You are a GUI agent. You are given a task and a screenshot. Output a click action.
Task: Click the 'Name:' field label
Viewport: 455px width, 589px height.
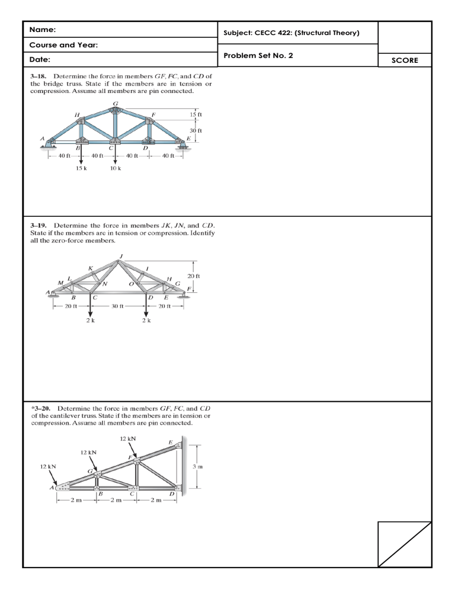(x=43, y=30)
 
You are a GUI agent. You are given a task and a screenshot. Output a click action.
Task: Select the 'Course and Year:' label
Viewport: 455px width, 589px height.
(x=63, y=45)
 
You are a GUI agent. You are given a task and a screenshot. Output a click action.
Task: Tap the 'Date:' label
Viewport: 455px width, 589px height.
(x=40, y=60)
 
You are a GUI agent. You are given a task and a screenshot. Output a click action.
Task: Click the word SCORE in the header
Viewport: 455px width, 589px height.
(x=405, y=60)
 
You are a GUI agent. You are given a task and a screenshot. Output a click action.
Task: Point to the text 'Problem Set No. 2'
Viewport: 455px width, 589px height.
(x=258, y=56)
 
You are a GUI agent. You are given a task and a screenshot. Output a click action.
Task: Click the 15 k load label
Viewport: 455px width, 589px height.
(x=82, y=168)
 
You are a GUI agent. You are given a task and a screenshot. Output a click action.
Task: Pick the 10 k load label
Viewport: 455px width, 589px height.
(x=116, y=168)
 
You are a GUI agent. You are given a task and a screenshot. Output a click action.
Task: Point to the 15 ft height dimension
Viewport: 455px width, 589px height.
(x=196, y=114)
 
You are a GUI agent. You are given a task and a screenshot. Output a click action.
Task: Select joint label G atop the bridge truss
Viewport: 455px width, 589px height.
(x=115, y=103)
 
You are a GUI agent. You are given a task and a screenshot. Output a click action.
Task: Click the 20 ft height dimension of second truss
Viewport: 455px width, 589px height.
(x=194, y=277)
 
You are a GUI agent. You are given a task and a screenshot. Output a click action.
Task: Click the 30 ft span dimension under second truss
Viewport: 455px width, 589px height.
(x=117, y=306)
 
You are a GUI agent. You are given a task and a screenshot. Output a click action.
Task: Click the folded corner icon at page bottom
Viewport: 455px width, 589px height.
(x=405, y=543)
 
